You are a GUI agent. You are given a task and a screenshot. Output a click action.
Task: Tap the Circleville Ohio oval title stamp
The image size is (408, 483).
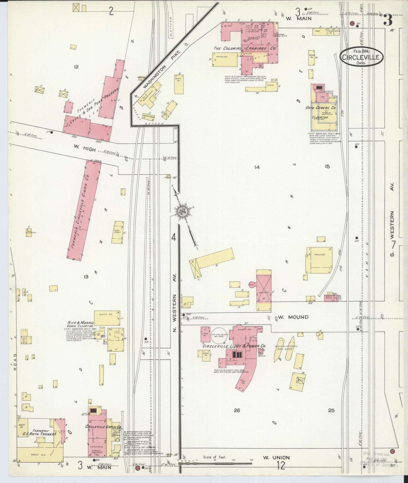click(x=361, y=57)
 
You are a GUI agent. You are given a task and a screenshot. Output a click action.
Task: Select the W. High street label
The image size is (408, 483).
click(x=85, y=149)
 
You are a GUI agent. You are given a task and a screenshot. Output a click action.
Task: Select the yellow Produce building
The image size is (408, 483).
click(x=319, y=260)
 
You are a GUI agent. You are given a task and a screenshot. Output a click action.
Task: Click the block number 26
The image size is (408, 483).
click(x=237, y=410)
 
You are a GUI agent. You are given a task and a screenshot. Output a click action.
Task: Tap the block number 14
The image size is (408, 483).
click(x=256, y=167)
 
